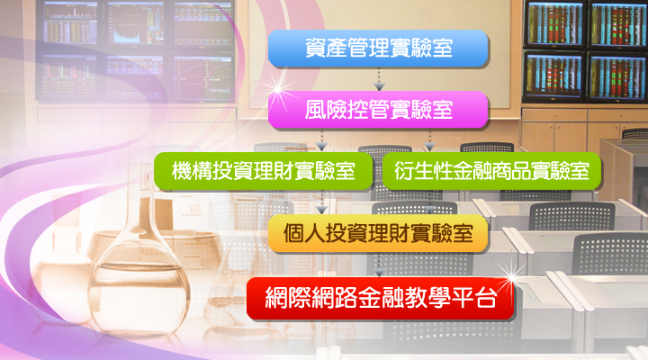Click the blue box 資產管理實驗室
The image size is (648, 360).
(x=378, y=48)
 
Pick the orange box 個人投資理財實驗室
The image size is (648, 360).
(x=378, y=234)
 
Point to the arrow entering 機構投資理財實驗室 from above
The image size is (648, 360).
(x=321, y=139)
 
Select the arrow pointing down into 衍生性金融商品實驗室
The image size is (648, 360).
(x=429, y=139)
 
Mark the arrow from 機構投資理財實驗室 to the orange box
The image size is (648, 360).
(x=321, y=202)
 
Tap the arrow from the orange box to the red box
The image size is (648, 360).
(x=378, y=265)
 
